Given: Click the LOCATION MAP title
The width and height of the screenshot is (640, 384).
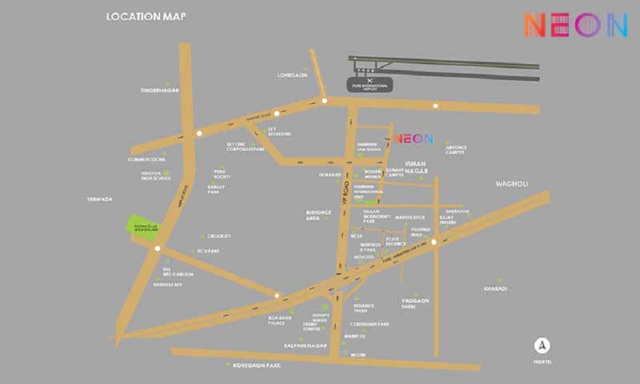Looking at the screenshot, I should [x=146, y=17].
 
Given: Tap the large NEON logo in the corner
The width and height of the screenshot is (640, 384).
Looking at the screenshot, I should [x=575, y=25].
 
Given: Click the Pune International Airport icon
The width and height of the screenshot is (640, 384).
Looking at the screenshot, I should [x=369, y=80].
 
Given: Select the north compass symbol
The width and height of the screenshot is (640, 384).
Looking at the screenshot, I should [x=543, y=346].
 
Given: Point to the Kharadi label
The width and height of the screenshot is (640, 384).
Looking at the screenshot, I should [x=495, y=289].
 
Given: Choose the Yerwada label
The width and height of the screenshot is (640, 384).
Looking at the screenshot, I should [x=100, y=199].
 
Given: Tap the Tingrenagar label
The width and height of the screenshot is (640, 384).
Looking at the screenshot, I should [x=160, y=90].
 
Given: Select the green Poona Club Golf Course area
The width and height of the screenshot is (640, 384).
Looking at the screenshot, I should [x=143, y=227].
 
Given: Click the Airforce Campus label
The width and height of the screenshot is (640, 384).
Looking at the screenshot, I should [x=456, y=150].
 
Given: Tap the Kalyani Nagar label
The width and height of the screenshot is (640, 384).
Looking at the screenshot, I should [x=305, y=346].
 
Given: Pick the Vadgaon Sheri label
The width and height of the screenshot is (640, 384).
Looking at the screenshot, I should [x=415, y=303].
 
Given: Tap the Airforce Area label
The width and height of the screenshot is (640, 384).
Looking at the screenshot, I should [x=319, y=215].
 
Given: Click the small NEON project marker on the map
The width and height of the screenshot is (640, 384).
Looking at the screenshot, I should [x=413, y=138].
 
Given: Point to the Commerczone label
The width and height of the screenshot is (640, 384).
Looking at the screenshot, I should [x=147, y=159].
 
